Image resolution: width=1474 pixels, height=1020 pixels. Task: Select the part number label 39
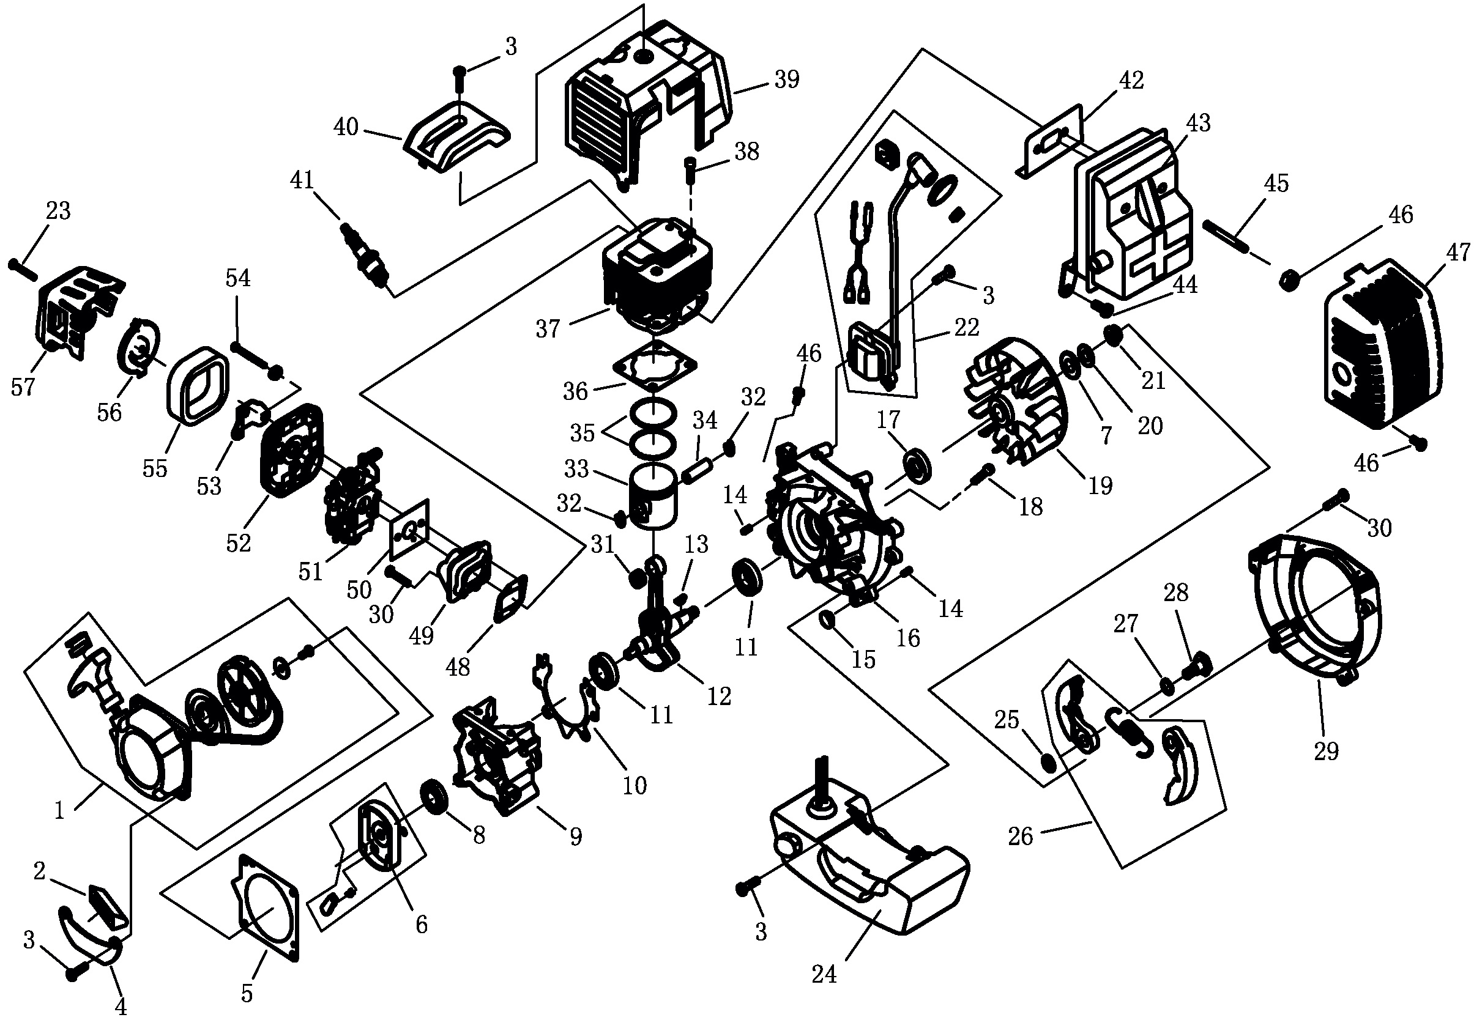coord(786,79)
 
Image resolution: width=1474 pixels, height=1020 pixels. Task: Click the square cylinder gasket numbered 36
coord(654,366)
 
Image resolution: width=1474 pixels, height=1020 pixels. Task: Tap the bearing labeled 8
coord(435,796)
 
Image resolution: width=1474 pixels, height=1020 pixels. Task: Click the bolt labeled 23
coord(24,268)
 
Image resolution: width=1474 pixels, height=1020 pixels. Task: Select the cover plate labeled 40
coord(456,136)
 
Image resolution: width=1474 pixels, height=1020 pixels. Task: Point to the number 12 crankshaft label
coord(720,697)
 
